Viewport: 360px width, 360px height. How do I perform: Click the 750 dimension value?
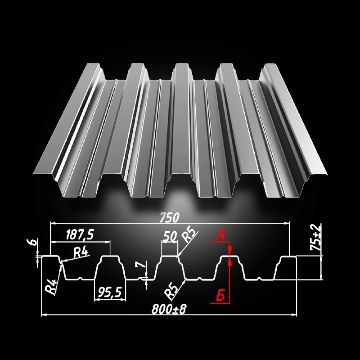169,217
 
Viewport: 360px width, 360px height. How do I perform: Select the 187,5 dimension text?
79,235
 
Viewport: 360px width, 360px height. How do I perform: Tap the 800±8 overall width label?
169,309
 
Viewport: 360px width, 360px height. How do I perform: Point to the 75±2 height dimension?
317,237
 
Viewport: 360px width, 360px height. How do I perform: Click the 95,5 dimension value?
110,292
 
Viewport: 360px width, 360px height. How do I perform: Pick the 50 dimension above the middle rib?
170,236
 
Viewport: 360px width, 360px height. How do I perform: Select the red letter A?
220,236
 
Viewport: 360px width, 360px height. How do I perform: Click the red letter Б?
221,296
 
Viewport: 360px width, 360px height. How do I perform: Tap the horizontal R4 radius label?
81,252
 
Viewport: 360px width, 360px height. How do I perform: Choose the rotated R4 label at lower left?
52,286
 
